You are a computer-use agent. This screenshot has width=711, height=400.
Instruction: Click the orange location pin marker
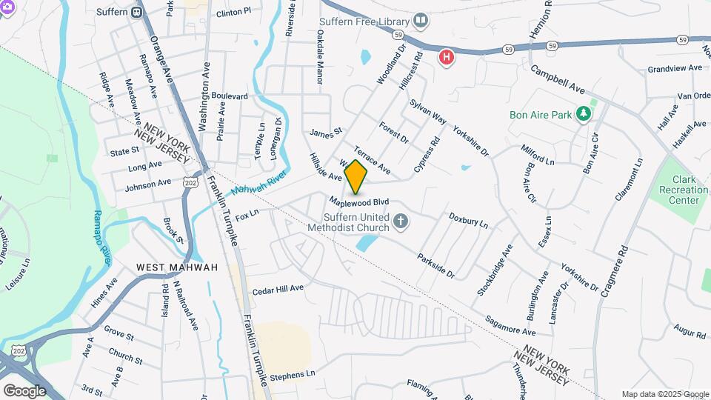pos(355,176)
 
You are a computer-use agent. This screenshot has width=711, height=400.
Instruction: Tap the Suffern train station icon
pos(137,12)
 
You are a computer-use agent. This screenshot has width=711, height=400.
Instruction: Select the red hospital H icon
pos(446,56)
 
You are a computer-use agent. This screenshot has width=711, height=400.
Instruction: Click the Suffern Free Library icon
pos(421,20)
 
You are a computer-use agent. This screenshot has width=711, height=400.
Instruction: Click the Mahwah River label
pos(258,184)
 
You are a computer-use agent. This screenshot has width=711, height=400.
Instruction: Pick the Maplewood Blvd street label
pos(359,201)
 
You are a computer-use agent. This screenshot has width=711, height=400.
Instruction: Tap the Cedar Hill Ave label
pos(278,288)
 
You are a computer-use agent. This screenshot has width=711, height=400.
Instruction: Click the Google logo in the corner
pos(24,390)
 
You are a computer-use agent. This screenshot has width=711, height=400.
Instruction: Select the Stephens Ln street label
pos(293,375)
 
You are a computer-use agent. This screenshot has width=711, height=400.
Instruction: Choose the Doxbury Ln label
pos(469,220)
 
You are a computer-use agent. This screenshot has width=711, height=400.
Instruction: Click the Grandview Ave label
pos(674,68)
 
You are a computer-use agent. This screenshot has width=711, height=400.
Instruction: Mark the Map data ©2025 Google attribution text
pos(664,394)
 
